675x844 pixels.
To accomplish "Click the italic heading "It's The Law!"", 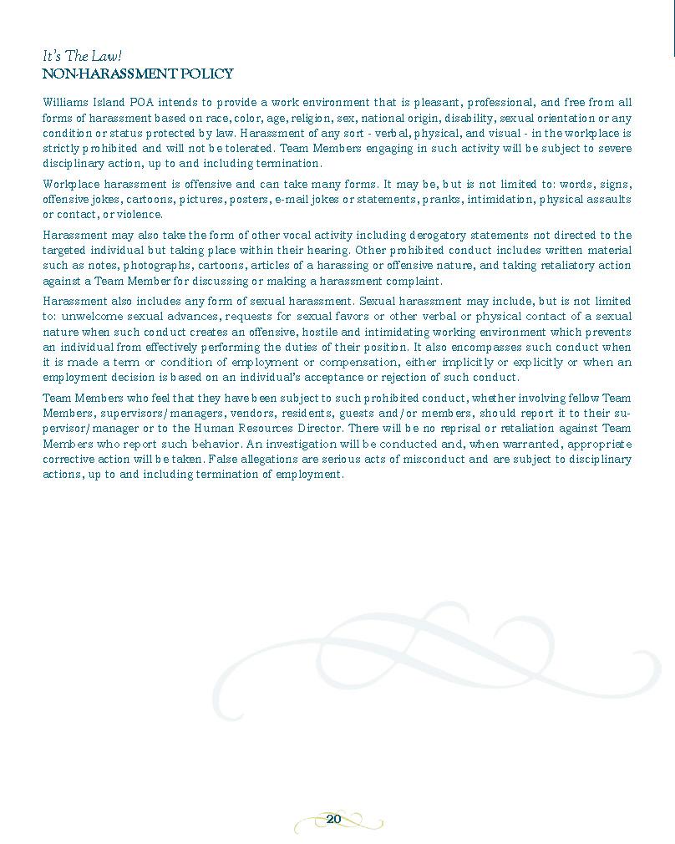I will [82, 57].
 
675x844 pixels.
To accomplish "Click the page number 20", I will [333, 819].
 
